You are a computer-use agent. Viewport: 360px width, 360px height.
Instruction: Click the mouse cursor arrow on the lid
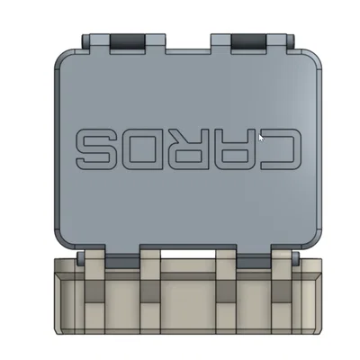(x=261, y=137)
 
